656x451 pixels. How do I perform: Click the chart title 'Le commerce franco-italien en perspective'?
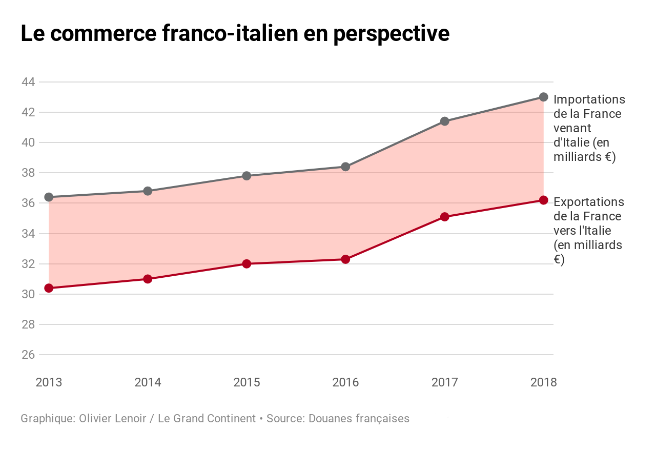(x=235, y=33)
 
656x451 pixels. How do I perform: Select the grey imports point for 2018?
(x=544, y=97)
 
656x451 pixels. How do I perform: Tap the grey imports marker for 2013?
(x=49, y=197)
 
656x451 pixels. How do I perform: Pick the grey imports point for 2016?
(x=345, y=167)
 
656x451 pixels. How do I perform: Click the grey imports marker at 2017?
(x=444, y=121)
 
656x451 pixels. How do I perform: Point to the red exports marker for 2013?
(x=49, y=288)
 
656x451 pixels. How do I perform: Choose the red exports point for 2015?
(x=247, y=264)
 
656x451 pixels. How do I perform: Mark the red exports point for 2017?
(x=444, y=217)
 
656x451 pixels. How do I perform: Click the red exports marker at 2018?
(x=544, y=200)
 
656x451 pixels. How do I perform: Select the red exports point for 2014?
(x=148, y=279)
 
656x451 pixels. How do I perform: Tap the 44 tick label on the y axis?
(x=28, y=82)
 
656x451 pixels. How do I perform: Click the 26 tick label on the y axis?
(x=28, y=355)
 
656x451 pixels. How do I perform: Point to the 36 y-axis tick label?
(x=28, y=203)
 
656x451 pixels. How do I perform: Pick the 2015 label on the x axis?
(x=247, y=382)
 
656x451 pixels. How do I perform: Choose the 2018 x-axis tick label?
(x=543, y=382)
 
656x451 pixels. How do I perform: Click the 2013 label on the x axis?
(x=49, y=382)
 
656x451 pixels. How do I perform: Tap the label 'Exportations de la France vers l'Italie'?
(x=588, y=231)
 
